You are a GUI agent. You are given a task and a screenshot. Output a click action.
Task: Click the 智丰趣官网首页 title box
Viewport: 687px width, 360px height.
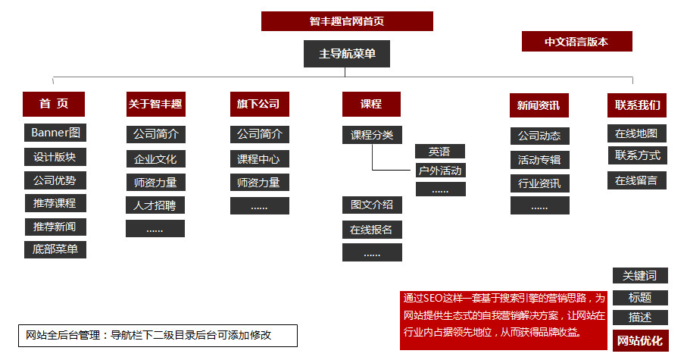(x=347, y=21)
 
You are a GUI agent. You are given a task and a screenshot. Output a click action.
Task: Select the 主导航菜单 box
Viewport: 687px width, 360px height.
(x=347, y=54)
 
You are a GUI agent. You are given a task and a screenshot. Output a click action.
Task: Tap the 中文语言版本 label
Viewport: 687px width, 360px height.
(x=576, y=42)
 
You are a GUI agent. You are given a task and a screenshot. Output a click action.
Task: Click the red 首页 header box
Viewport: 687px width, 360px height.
(x=55, y=105)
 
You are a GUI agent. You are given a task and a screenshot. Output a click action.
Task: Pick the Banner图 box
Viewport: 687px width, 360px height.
(x=55, y=133)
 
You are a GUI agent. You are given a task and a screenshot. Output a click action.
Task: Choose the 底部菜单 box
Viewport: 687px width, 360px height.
(x=55, y=249)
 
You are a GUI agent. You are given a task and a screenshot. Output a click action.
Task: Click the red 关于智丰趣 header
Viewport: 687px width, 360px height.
(x=155, y=105)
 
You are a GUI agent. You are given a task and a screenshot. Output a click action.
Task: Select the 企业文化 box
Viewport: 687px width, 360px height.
(x=155, y=159)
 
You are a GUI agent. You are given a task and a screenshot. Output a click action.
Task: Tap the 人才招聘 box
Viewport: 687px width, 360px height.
(x=155, y=205)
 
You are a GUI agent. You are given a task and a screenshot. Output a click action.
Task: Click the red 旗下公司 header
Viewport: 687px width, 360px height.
(x=259, y=105)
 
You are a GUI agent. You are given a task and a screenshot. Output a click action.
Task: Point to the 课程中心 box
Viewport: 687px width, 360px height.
(x=259, y=159)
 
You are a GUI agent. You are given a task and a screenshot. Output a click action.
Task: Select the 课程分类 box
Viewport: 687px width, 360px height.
(x=372, y=135)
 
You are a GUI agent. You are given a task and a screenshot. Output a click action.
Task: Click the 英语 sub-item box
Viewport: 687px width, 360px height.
(x=439, y=152)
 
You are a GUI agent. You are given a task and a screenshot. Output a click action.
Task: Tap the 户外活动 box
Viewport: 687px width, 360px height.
(x=440, y=171)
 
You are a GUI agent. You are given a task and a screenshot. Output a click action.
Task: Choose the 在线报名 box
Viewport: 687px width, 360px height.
(x=372, y=230)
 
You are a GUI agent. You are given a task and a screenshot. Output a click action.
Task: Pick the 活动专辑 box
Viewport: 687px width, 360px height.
(x=539, y=160)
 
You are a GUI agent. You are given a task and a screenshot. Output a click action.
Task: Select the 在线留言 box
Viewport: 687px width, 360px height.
(x=636, y=180)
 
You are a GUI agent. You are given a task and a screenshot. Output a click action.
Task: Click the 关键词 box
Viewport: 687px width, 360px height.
(x=640, y=276)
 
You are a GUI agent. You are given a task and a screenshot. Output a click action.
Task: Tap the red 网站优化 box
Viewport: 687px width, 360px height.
(x=640, y=341)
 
